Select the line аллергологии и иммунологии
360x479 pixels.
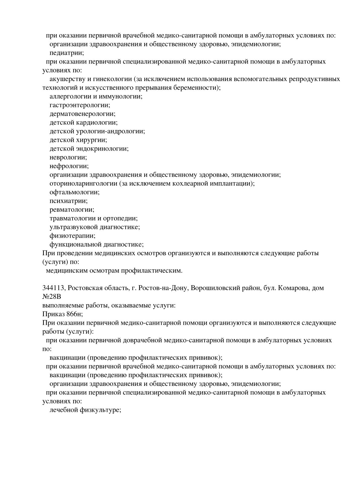96,96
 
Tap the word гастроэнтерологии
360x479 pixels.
80,105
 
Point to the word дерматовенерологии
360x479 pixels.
82,114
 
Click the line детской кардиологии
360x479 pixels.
83,122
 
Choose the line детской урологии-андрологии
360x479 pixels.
97,131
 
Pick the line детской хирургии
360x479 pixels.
78,140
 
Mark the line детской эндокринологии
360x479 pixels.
89,149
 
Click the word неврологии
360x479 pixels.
68,157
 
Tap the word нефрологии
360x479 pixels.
69,166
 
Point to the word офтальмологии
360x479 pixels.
74,192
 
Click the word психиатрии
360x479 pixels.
69,201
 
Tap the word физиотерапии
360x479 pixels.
72,236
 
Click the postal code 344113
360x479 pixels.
53,288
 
